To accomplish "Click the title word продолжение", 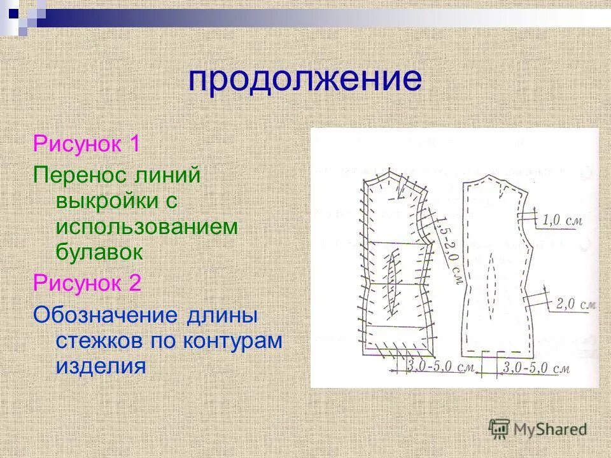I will point(305,81).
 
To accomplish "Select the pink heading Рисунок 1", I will point(87,143).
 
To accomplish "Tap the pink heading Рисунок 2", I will point(87,282).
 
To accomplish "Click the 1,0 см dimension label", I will point(563,221).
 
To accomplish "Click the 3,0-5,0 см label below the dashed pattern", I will point(535,368).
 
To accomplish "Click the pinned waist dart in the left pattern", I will point(392,281).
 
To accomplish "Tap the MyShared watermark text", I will point(550,429).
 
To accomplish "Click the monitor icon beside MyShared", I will point(499,428).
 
